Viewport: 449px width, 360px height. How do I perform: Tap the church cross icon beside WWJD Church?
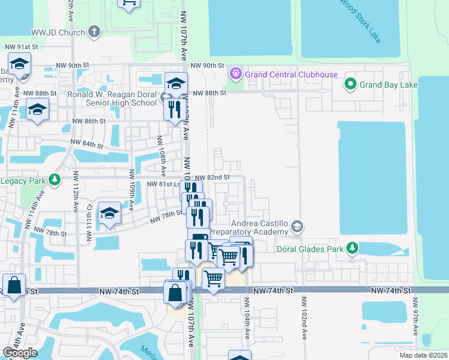click(94, 32)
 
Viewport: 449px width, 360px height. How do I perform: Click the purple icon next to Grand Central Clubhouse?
click(236, 74)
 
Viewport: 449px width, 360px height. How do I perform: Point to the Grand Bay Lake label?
click(388, 85)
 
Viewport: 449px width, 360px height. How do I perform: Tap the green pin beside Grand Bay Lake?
click(351, 85)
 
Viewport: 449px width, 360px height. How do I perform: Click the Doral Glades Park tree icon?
click(354, 248)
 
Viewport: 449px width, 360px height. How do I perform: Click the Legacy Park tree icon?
click(55, 180)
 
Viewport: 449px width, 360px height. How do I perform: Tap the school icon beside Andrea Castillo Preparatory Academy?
click(297, 227)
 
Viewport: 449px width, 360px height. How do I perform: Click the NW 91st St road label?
click(22, 47)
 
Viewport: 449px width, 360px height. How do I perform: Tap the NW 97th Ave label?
click(415, 311)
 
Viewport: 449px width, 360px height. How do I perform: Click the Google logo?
click(20, 353)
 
